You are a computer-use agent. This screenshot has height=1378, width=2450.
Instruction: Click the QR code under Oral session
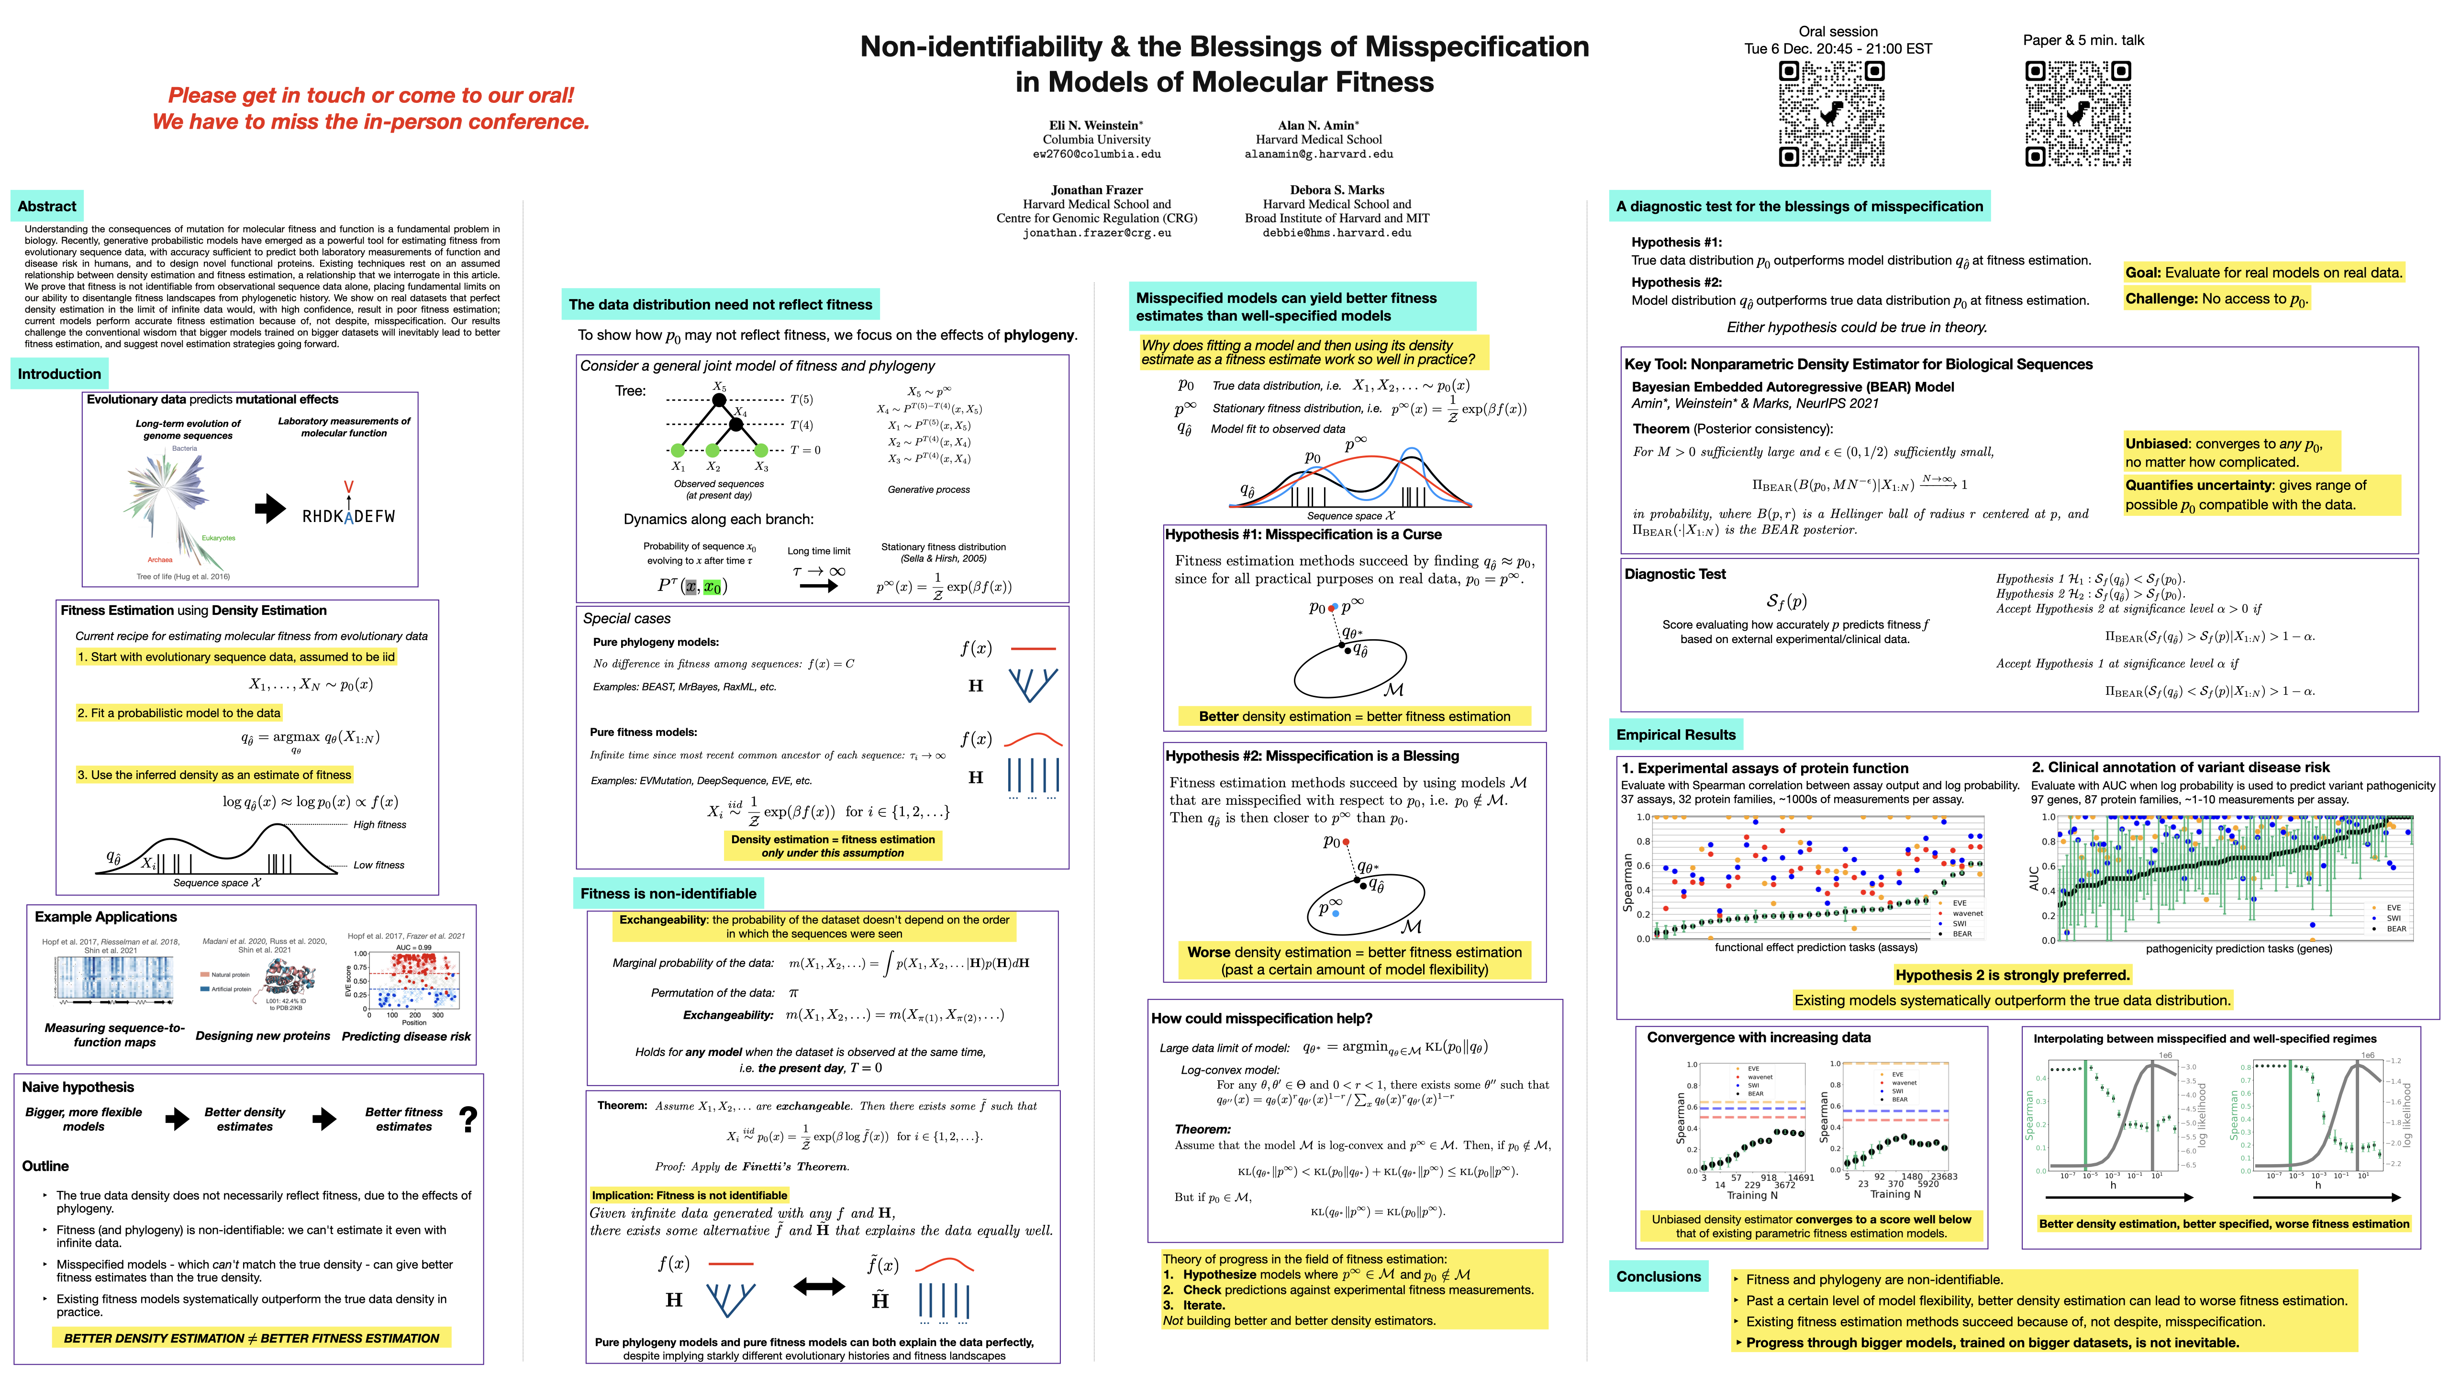click(x=1831, y=114)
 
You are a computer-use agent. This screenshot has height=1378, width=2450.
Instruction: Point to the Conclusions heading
click(x=1658, y=1276)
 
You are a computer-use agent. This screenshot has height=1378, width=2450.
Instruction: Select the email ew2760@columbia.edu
click(x=1097, y=154)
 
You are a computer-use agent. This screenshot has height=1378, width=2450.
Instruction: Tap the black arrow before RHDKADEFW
click(x=271, y=509)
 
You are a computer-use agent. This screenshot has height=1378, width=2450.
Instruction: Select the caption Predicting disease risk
click(x=406, y=1036)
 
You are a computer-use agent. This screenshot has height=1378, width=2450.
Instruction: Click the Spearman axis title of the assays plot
click(x=1627, y=881)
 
